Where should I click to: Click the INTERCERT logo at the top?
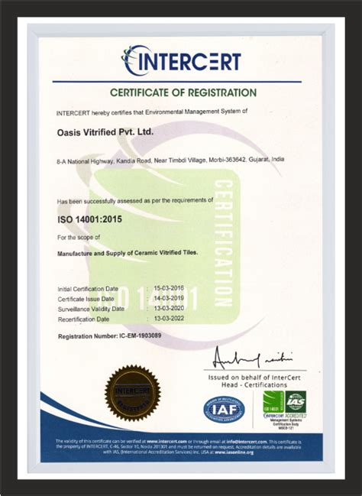(x=182, y=60)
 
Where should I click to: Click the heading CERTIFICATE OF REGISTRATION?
(x=183, y=92)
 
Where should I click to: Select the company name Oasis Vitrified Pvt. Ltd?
(x=105, y=131)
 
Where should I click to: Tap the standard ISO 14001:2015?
(x=90, y=219)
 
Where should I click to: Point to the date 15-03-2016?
(x=169, y=288)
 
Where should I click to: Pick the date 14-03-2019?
(x=169, y=298)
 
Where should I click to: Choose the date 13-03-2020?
(x=169, y=308)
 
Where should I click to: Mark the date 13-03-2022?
(x=169, y=318)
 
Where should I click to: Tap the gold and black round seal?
(x=132, y=393)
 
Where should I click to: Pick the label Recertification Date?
(x=83, y=318)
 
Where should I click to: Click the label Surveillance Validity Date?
(x=91, y=308)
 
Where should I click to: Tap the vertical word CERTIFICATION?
(x=223, y=243)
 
